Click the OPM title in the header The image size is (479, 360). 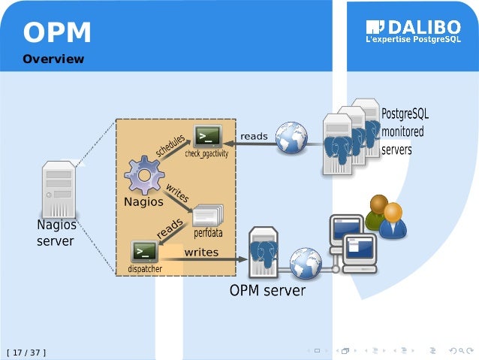pyautogui.click(x=57, y=33)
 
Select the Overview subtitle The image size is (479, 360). pyautogui.click(x=53, y=59)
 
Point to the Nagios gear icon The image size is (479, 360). pyautogui.click(x=144, y=174)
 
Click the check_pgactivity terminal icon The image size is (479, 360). pyautogui.click(x=207, y=136)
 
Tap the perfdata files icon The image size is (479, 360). pyautogui.click(x=207, y=216)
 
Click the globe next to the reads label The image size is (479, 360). pyautogui.click(x=291, y=138)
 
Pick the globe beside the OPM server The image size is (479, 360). pyautogui.click(x=306, y=263)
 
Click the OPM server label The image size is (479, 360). pyautogui.click(x=267, y=290)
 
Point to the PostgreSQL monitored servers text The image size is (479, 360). pyautogui.click(x=405, y=132)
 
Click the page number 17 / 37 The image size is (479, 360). pyautogui.click(x=26, y=351)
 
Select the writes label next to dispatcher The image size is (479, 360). pyautogui.click(x=201, y=252)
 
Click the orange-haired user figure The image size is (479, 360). pyautogui.click(x=392, y=221)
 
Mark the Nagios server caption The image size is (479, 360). pyautogui.click(x=56, y=233)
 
